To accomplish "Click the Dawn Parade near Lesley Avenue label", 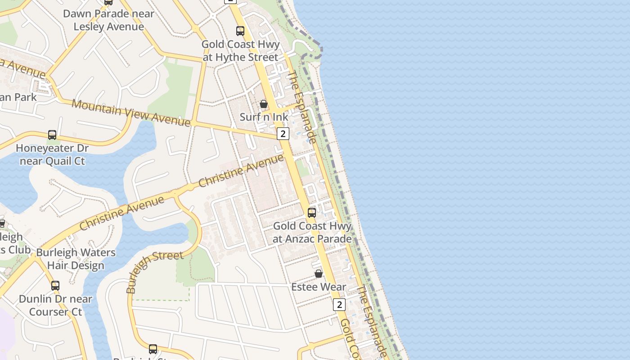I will [x=108, y=20].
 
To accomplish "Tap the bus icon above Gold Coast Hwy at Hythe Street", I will [x=240, y=31].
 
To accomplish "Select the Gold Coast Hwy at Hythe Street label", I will [x=240, y=51].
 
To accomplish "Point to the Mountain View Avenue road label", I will [x=131, y=112].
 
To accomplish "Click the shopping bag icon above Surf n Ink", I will [x=264, y=104].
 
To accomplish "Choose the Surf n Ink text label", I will [x=264, y=117].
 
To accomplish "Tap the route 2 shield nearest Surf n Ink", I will [x=283, y=133].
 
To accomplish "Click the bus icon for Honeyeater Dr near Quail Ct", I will [x=52, y=135].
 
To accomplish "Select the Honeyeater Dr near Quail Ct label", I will [x=52, y=154].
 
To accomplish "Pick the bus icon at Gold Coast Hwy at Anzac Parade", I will [x=312, y=213].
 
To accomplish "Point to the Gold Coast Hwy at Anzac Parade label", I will [x=312, y=232].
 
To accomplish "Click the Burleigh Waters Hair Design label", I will [x=76, y=259].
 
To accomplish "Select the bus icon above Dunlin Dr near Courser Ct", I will [x=55, y=285].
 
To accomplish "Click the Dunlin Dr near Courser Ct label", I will [x=55, y=305].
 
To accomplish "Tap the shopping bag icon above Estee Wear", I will [x=319, y=274].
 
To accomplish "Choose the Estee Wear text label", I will [x=319, y=287].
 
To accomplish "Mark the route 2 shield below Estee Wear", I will [x=339, y=304].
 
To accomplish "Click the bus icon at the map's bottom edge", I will [x=153, y=349].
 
